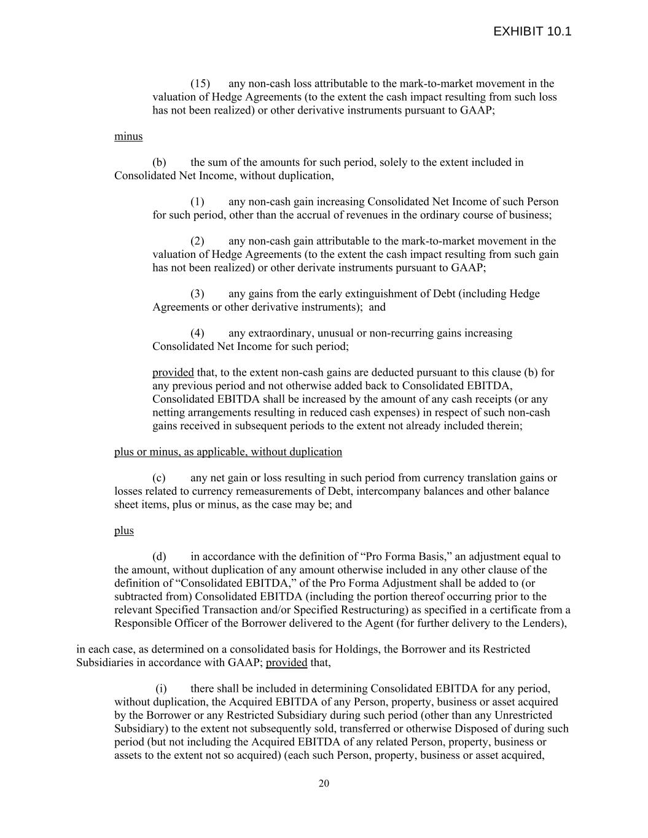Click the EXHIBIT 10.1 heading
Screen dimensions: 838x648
[x=532, y=32]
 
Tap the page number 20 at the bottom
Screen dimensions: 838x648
[x=324, y=783]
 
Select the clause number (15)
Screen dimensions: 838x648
[x=200, y=83]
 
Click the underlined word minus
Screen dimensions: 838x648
[x=128, y=136]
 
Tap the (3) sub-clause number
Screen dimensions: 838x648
[x=197, y=293]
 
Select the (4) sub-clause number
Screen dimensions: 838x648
[x=197, y=333]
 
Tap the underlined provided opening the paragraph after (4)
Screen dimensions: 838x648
[x=173, y=373]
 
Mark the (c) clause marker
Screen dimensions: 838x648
[x=159, y=478]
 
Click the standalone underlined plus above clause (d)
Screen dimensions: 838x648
[x=123, y=530]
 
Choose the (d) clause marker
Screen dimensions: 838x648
[x=159, y=557]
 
